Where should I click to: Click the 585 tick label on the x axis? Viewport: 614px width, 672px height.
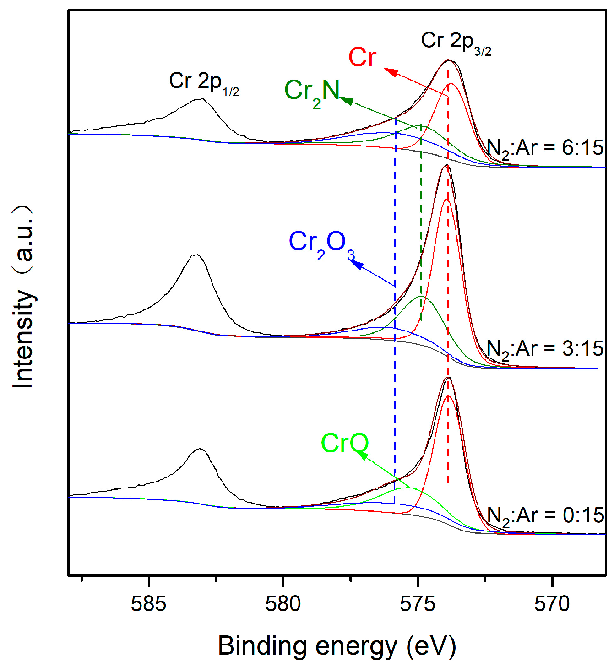(148, 604)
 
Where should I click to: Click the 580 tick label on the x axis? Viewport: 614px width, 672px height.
(283, 604)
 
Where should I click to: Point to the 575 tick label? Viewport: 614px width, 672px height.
(418, 604)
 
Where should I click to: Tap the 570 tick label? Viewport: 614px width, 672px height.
(552, 604)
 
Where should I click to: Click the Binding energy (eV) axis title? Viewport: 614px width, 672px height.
(337, 646)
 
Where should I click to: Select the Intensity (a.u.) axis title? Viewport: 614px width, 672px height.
(23, 297)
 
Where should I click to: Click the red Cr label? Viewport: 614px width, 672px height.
(362, 58)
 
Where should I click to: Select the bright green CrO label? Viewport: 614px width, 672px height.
(345, 443)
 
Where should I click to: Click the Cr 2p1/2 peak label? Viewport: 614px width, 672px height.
(204, 83)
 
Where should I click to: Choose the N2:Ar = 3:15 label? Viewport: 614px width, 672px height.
(545, 349)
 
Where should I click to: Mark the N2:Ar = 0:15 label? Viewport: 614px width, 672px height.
(545, 516)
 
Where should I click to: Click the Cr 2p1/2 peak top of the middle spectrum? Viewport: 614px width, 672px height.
(196, 255)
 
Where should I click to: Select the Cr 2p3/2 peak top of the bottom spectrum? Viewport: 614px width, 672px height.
(448, 378)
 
